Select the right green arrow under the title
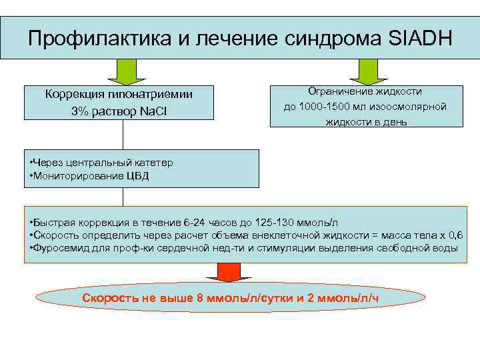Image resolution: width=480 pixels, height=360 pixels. coord(365,71)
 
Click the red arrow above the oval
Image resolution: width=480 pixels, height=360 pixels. coord(227,272)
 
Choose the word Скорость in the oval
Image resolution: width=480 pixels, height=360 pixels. coord(111,297)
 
